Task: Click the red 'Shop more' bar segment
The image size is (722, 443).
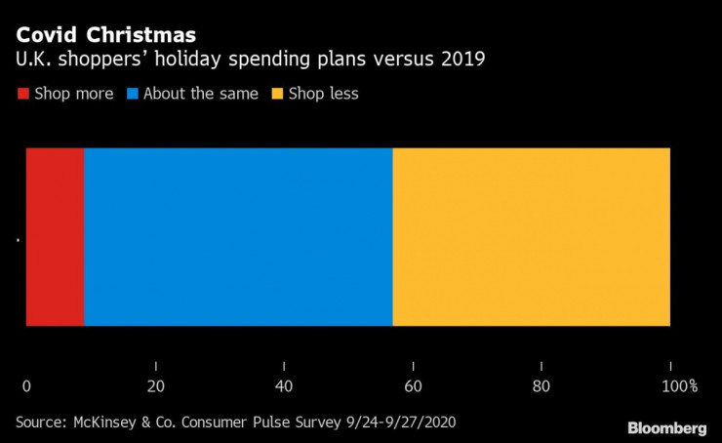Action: [55, 237]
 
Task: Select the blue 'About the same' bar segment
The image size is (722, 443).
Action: [238, 237]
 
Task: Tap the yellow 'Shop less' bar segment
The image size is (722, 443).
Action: [531, 237]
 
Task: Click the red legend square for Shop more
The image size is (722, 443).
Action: [22, 94]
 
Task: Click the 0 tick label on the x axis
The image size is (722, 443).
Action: [26, 385]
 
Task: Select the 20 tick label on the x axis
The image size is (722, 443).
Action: [155, 385]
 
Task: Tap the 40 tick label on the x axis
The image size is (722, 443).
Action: [284, 385]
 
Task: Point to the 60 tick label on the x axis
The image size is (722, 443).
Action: [413, 385]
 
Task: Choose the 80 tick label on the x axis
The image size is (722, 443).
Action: [541, 385]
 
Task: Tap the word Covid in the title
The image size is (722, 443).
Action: [48, 35]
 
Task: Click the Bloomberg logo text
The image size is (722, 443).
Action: [666, 427]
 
